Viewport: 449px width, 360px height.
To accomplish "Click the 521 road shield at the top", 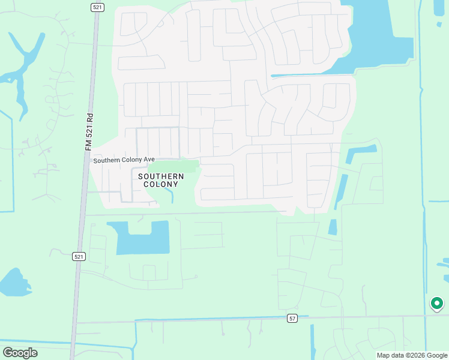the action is click(x=98, y=7).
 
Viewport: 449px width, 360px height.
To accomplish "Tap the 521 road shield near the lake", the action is click(x=79, y=256).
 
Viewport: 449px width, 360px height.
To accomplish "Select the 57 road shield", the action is click(x=292, y=318).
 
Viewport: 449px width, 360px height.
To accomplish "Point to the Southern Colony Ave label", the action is click(x=124, y=160).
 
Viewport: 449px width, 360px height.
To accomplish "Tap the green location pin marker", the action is click(x=437, y=304).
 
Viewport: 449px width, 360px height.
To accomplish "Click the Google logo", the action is click(x=20, y=352).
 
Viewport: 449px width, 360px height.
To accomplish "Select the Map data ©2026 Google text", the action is click(x=411, y=355).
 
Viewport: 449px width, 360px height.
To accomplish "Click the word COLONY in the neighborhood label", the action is click(x=161, y=185).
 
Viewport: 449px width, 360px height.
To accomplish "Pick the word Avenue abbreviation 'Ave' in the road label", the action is click(x=149, y=160).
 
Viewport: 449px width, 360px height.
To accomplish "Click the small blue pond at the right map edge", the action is click(x=444, y=264).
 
